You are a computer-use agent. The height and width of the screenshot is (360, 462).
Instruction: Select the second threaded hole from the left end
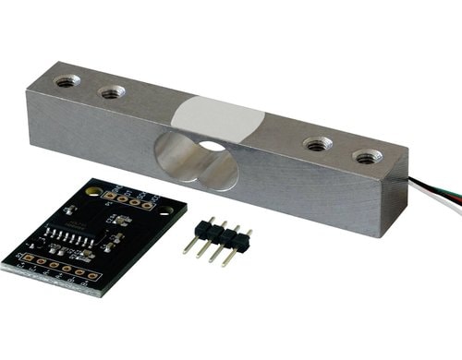[112, 91]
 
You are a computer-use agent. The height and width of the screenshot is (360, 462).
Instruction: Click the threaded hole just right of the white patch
[318, 144]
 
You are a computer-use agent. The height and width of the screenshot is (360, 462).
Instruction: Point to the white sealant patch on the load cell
[218, 118]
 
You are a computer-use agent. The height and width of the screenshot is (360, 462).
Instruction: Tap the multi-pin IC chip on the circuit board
[67, 236]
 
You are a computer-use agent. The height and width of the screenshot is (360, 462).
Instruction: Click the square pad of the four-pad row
[110, 196]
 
